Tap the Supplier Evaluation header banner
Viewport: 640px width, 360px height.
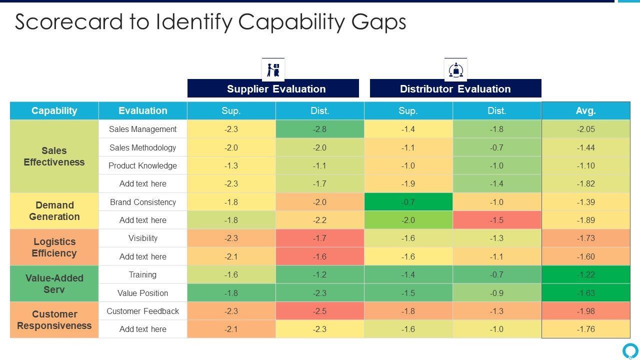tap(273, 88)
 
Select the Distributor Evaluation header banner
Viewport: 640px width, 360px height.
tap(455, 88)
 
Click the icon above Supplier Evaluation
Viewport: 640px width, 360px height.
tap(273, 69)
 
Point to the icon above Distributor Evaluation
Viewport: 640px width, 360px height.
tap(455, 69)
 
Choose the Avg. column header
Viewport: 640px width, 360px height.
tap(585, 110)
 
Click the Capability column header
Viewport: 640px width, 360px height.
tap(54, 110)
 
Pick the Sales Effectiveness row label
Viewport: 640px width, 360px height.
tap(54, 156)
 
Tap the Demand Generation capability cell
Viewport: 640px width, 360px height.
tap(54, 211)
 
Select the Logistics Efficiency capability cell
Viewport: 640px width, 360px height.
tap(54, 247)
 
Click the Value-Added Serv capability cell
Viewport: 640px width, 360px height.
tap(54, 283)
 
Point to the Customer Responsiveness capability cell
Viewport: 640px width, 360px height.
tap(54, 320)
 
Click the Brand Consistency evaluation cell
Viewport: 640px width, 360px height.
tap(143, 202)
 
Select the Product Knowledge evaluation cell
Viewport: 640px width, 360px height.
tap(143, 165)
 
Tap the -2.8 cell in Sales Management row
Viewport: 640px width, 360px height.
tap(320, 129)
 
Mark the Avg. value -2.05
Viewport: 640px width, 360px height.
tap(585, 129)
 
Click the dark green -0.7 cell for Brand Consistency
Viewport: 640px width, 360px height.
tap(408, 202)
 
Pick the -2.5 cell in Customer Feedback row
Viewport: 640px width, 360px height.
tap(320, 311)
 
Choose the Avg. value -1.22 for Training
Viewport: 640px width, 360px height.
tap(585, 274)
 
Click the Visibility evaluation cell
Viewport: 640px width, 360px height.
tap(143, 238)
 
